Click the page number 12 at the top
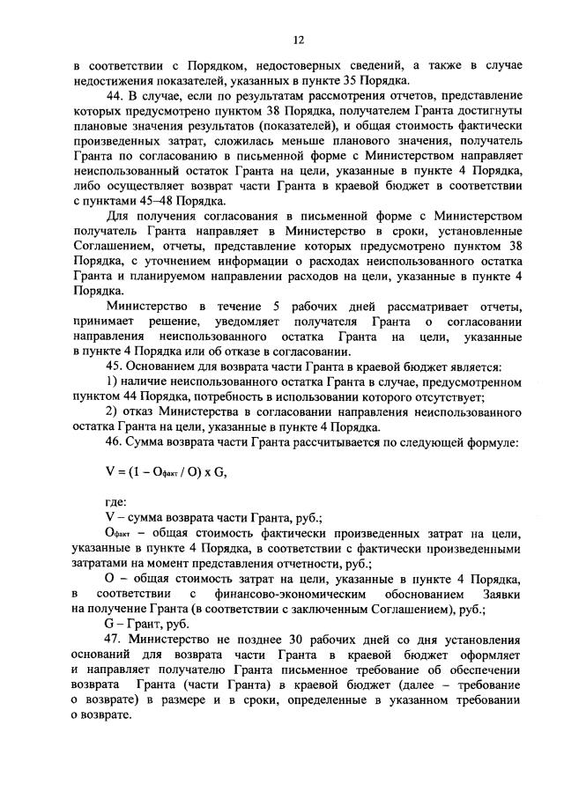point(298,40)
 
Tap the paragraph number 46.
point(115,446)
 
